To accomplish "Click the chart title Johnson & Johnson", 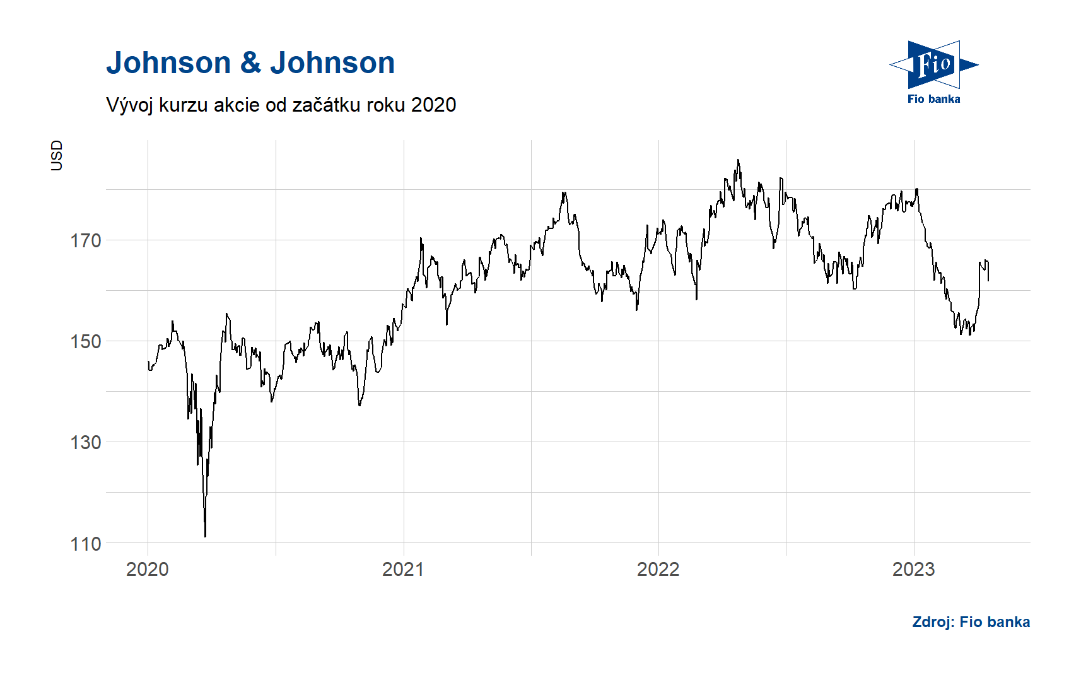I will tap(250, 63).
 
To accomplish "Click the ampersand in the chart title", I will tap(250, 63).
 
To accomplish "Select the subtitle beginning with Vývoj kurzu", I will tap(281, 105).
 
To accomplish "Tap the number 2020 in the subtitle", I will tap(433, 105).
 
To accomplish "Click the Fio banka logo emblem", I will tap(933, 64).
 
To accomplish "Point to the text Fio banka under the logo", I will tap(933, 99).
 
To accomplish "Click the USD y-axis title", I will tap(57, 155).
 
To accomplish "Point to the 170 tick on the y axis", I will tap(86, 240).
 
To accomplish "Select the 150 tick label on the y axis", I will tap(86, 341).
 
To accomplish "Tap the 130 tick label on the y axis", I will tap(86, 442).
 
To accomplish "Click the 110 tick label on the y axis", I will tap(86, 544).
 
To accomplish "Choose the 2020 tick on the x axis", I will tap(148, 569).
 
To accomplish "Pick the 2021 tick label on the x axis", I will tap(403, 569).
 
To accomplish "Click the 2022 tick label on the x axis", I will tap(658, 569).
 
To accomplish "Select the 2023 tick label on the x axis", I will tap(913, 569).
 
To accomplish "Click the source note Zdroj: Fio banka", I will tap(971, 622).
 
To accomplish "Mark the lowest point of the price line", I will tap(205, 537).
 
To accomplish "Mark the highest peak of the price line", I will tap(738, 160).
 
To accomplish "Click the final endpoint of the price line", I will tap(988, 281).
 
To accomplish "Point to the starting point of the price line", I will tap(148, 361).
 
